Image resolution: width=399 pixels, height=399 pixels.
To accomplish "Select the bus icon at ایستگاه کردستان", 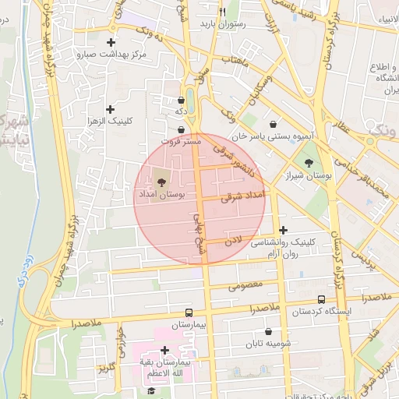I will click(x=321, y=299).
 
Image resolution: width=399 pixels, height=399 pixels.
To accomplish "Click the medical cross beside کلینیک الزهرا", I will click(x=110, y=109).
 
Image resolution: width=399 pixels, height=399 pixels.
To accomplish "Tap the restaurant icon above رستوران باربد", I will click(x=222, y=12).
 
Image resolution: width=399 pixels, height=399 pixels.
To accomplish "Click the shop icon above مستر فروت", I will click(x=182, y=129).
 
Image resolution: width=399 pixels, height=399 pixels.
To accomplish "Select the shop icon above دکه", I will click(x=182, y=100).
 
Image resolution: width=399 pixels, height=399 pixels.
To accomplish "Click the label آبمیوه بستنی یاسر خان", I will click(x=274, y=136).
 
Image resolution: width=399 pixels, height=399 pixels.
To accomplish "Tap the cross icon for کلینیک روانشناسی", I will click(x=283, y=230).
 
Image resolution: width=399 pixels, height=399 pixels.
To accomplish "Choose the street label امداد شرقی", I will click(x=243, y=195).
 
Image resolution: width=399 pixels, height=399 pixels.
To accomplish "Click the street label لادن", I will click(x=235, y=241).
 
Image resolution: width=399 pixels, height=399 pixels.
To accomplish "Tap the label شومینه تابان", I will click(x=269, y=344).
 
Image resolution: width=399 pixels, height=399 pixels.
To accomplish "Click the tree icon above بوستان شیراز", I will click(x=309, y=163).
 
